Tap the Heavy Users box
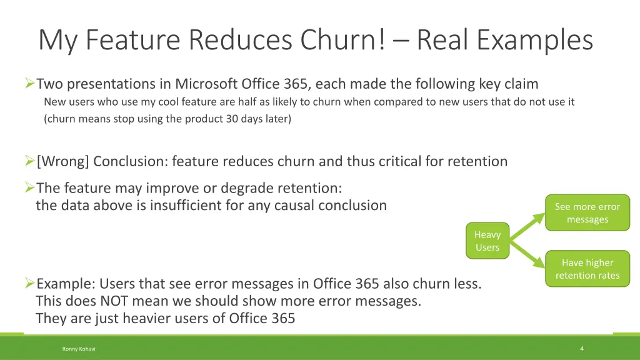point(487,241)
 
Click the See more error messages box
point(587,213)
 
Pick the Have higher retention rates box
point(587,269)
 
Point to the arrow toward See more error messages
point(529,223)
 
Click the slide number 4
point(582,349)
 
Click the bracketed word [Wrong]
point(64,161)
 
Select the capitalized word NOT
point(117,301)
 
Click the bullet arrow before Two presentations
point(29,84)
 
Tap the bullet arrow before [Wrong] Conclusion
point(29,161)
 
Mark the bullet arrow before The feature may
point(29,188)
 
